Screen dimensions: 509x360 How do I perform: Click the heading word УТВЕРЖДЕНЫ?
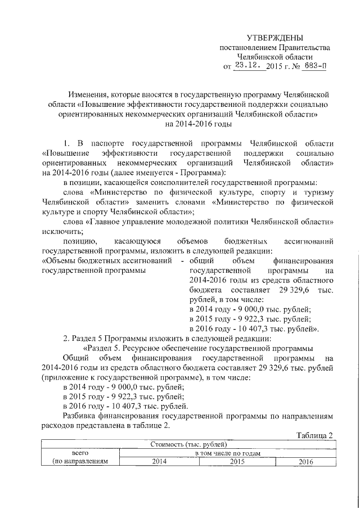[275, 38]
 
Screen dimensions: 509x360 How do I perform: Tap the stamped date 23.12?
[247, 65]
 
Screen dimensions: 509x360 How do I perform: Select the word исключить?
[63, 231]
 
